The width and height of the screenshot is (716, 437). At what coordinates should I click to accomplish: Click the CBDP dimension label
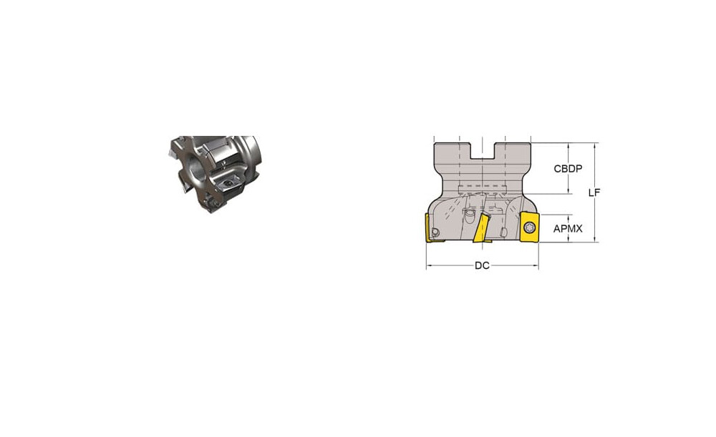click(568, 169)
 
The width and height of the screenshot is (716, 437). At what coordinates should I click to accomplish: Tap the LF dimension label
click(594, 192)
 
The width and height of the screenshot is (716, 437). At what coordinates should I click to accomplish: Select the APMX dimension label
click(568, 229)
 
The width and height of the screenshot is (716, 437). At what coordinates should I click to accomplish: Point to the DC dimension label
click(482, 265)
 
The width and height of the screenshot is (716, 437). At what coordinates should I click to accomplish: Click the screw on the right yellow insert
click(530, 227)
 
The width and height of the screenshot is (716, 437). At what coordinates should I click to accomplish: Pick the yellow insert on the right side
click(530, 227)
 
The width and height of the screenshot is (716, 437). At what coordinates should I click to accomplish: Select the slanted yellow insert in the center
click(481, 228)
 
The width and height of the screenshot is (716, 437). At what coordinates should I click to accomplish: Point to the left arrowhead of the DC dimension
click(429, 265)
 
